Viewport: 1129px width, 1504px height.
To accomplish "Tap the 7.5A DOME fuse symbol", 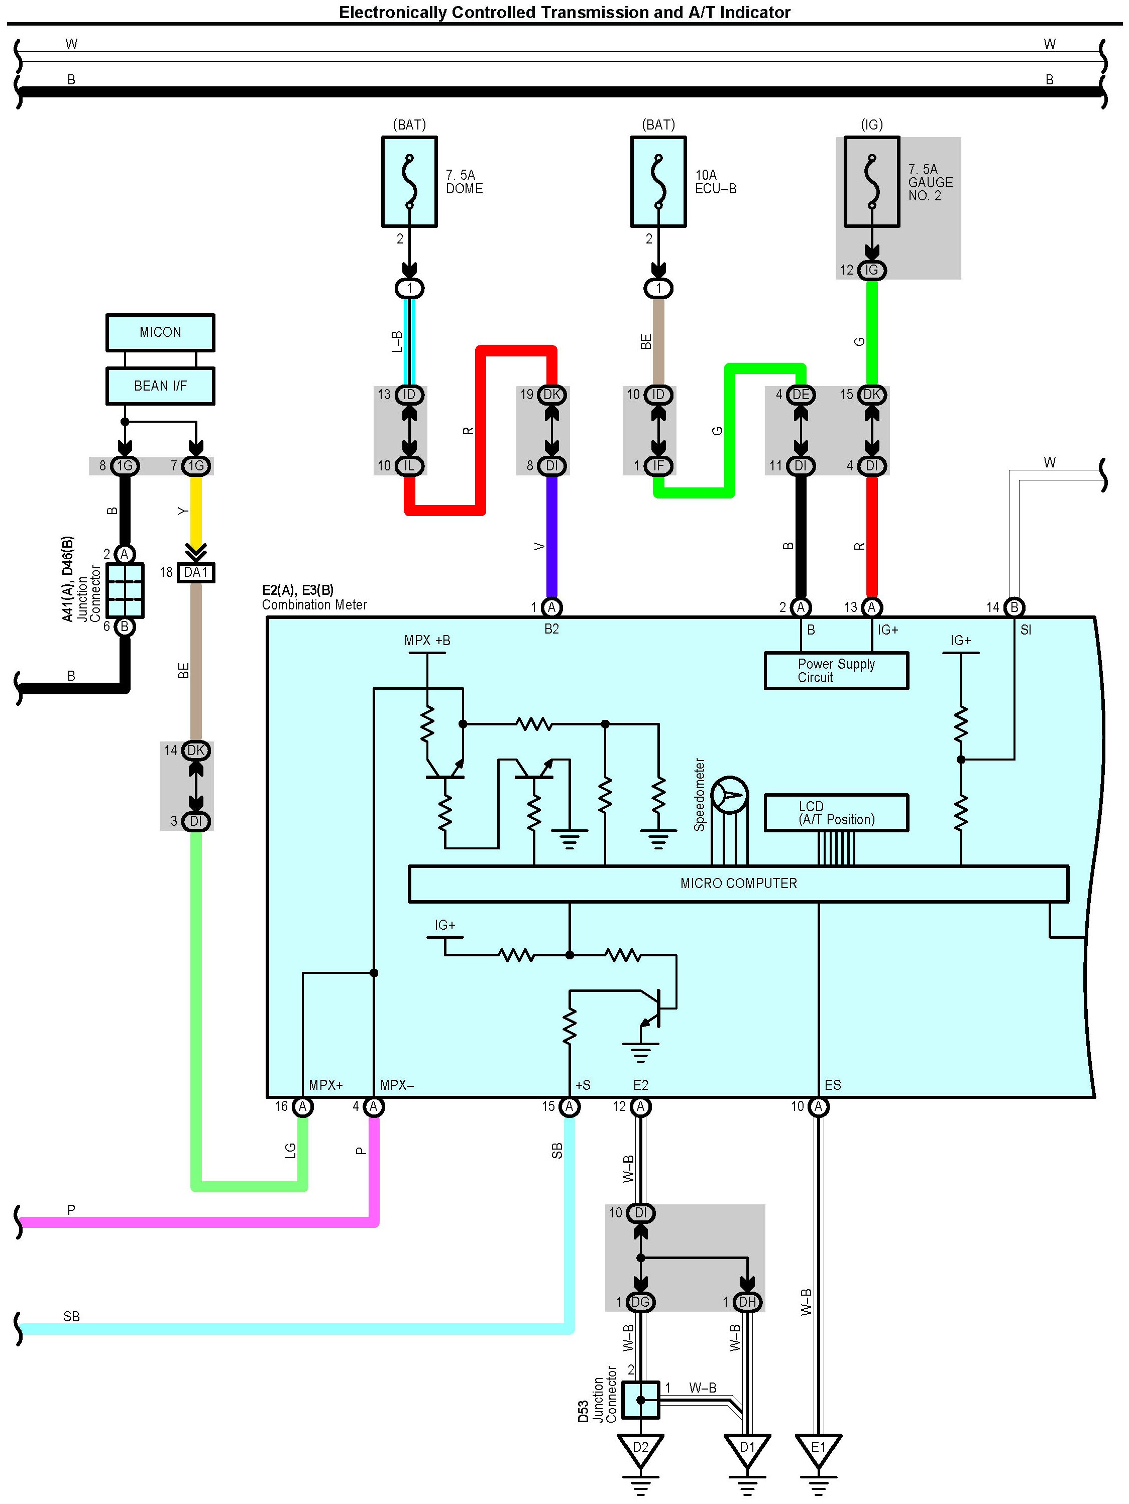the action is [x=409, y=182].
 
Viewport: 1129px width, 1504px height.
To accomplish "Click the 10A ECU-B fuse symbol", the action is [x=658, y=182].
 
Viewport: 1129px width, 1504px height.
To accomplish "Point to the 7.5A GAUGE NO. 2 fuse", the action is [x=872, y=182].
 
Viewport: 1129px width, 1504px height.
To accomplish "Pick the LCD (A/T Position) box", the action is [x=836, y=813].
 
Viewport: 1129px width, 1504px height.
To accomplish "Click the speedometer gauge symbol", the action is [x=730, y=795].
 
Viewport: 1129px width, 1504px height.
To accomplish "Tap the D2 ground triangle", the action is [x=640, y=1449].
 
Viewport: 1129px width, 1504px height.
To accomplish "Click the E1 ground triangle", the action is [x=818, y=1449].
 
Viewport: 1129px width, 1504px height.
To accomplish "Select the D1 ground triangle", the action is [x=747, y=1449].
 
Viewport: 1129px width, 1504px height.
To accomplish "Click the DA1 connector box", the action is [x=196, y=572].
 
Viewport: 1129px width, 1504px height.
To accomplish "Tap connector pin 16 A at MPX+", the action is [x=303, y=1107].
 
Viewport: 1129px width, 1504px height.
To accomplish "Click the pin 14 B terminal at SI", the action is [x=1014, y=607].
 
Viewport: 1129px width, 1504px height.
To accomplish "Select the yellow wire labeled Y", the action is [x=196, y=511].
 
